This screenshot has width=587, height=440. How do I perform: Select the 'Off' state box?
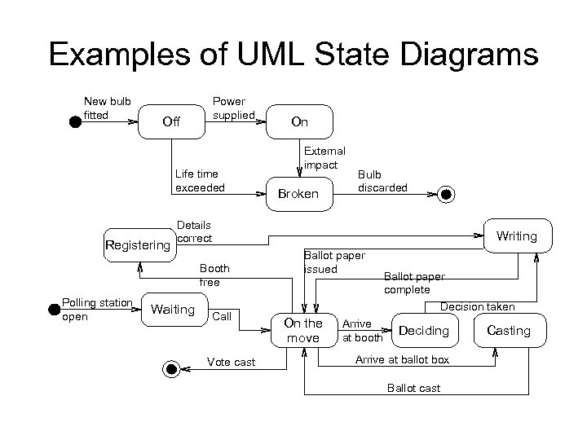pos(171,122)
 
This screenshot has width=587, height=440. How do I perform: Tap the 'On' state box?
pos(300,122)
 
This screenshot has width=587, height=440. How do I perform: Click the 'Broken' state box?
pos(298,194)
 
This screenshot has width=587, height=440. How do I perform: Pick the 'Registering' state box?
pos(139,244)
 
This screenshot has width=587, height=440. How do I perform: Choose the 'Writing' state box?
pos(516,235)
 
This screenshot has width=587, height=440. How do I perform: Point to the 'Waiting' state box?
pos(173,310)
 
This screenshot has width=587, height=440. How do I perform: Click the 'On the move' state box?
pos(303,330)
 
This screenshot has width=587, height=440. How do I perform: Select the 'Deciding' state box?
pos(424,330)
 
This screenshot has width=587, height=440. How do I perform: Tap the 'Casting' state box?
pos(508,330)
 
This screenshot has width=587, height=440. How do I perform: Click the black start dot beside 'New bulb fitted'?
pos(74,122)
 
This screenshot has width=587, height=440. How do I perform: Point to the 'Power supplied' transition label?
pos(233,108)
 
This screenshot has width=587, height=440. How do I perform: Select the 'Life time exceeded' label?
pos(199,180)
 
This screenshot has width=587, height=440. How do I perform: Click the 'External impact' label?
pos(324,158)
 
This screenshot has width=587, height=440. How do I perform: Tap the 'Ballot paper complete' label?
pos(413,283)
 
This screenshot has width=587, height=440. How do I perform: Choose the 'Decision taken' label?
pos(477,307)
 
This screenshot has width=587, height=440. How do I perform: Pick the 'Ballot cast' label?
pos(413,388)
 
